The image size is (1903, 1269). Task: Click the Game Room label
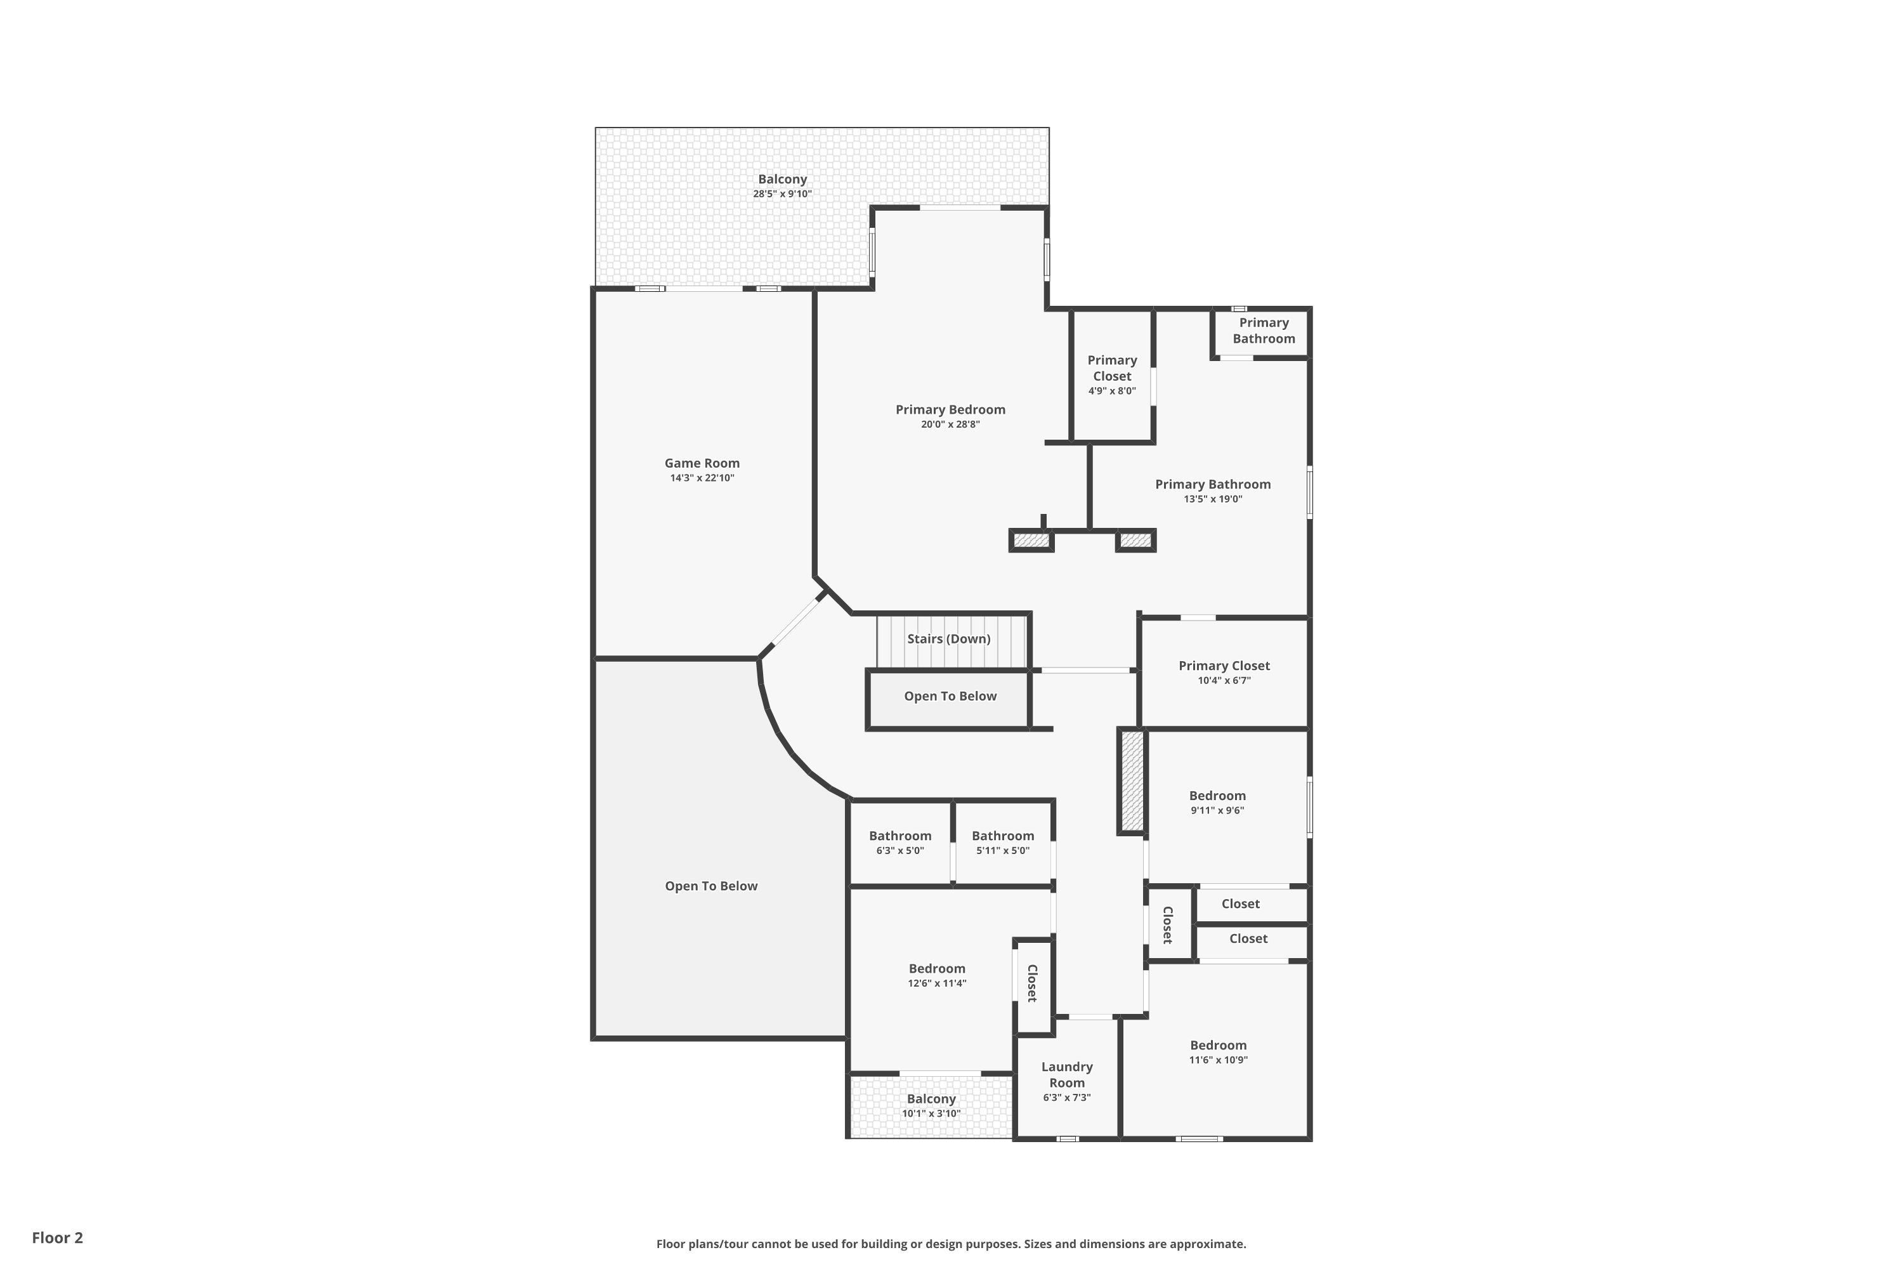[702, 463]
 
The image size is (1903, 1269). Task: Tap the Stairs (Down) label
[948, 638]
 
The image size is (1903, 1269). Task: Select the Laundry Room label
[1067, 1075]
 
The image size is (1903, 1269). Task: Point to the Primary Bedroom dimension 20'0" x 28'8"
[951, 424]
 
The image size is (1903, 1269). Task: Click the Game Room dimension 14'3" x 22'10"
[702, 478]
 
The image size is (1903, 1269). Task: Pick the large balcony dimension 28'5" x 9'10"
[782, 194]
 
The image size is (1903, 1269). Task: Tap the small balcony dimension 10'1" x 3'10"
[931, 1114]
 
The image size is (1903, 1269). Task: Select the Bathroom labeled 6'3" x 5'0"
[901, 836]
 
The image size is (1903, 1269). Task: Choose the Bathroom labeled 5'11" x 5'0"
[1004, 836]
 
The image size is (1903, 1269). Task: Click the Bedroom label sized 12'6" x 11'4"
[937, 969]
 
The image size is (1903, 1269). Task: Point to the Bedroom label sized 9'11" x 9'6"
[1218, 796]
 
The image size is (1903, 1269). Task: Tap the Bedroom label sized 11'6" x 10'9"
[1219, 1045]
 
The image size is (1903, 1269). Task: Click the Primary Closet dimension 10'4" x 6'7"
[1224, 681]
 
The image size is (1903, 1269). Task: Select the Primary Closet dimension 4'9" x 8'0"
[1113, 391]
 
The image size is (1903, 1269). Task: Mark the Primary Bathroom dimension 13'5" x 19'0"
[1213, 499]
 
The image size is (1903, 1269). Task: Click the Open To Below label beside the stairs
[951, 696]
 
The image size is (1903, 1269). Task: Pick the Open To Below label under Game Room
[711, 886]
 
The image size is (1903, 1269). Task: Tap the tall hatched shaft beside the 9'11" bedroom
[1132, 781]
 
